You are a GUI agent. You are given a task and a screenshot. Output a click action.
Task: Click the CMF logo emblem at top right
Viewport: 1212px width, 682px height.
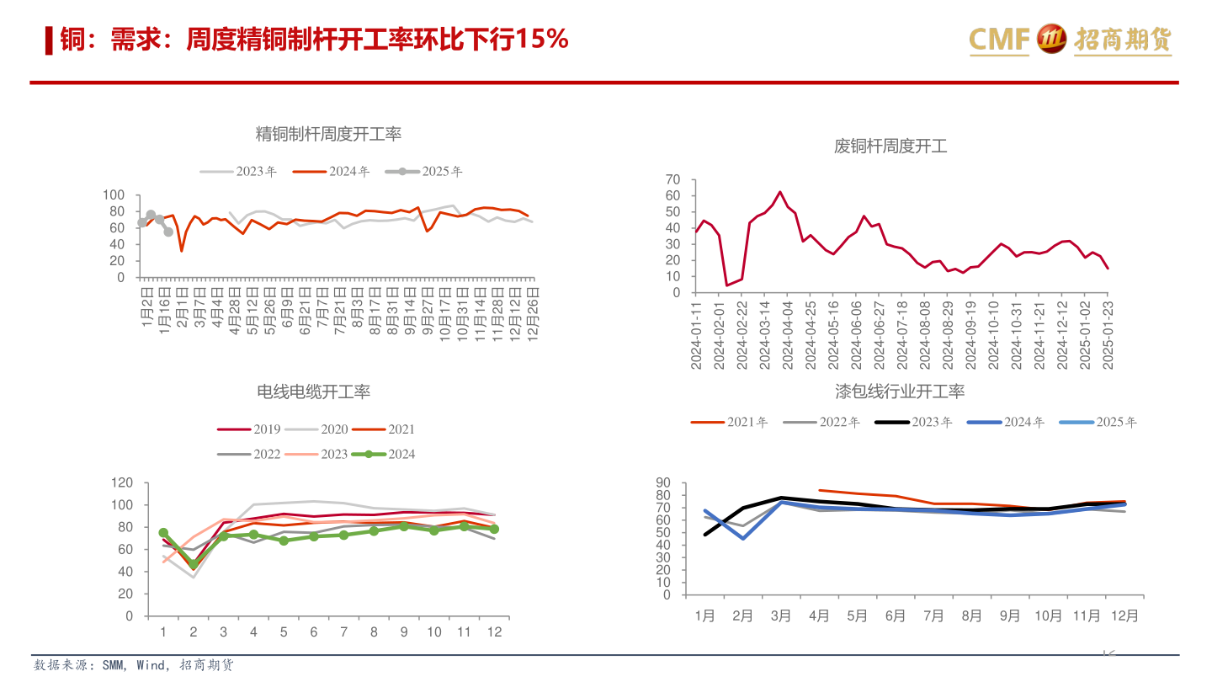click(x=1051, y=39)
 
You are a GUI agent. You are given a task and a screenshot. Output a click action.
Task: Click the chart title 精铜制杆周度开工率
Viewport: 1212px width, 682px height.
click(x=328, y=134)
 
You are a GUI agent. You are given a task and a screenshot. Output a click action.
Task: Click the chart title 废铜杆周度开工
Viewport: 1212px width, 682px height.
click(x=890, y=147)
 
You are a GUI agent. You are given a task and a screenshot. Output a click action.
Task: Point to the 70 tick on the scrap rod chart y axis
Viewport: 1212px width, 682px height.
click(x=672, y=179)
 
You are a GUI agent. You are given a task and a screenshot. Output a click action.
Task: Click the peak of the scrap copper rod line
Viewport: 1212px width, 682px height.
click(x=779, y=192)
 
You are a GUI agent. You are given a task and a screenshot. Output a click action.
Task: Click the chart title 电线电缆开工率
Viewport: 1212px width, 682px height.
click(x=313, y=392)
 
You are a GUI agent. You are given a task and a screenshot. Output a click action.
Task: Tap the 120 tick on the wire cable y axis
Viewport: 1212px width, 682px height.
click(x=122, y=482)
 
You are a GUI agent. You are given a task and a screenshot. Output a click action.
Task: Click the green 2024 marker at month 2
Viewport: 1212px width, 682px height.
click(x=193, y=564)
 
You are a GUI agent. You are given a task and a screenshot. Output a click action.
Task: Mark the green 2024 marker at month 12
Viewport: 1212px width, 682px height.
click(x=494, y=529)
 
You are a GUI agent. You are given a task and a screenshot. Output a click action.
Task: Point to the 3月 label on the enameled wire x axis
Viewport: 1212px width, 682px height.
click(x=780, y=615)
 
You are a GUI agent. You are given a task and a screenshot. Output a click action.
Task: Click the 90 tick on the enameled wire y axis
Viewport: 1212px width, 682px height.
click(x=662, y=482)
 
